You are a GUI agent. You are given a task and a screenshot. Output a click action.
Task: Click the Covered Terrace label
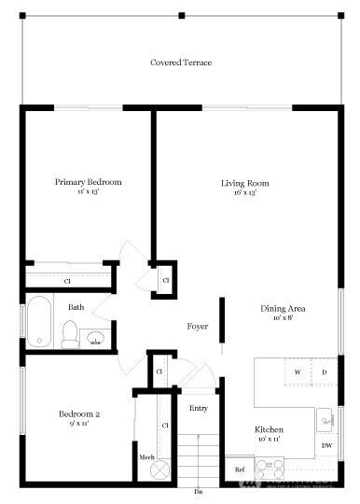click(181, 63)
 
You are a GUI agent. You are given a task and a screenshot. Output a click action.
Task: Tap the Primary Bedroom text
click(88, 182)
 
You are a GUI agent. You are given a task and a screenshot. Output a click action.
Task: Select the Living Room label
click(244, 183)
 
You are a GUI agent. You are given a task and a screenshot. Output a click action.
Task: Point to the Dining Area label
click(283, 309)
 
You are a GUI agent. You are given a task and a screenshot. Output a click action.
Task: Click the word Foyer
click(197, 327)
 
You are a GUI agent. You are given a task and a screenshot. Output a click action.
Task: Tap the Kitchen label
click(270, 430)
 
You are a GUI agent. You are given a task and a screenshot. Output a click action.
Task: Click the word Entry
click(199, 408)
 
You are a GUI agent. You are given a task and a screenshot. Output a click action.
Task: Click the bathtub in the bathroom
click(38, 323)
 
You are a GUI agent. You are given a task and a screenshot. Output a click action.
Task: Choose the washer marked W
click(298, 372)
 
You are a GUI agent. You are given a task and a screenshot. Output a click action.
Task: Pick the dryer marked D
click(324, 372)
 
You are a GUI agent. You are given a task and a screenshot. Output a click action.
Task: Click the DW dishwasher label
click(326, 445)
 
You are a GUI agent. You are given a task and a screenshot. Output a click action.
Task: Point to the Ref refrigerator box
click(240, 469)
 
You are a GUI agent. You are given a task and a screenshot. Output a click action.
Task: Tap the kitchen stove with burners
click(269, 467)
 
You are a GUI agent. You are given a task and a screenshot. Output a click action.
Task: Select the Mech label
click(146, 457)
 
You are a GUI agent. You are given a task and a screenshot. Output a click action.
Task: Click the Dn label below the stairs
click(198, 491)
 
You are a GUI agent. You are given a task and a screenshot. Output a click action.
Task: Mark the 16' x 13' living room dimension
click(244, 194)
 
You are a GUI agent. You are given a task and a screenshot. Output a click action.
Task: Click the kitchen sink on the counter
click(325, 419)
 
